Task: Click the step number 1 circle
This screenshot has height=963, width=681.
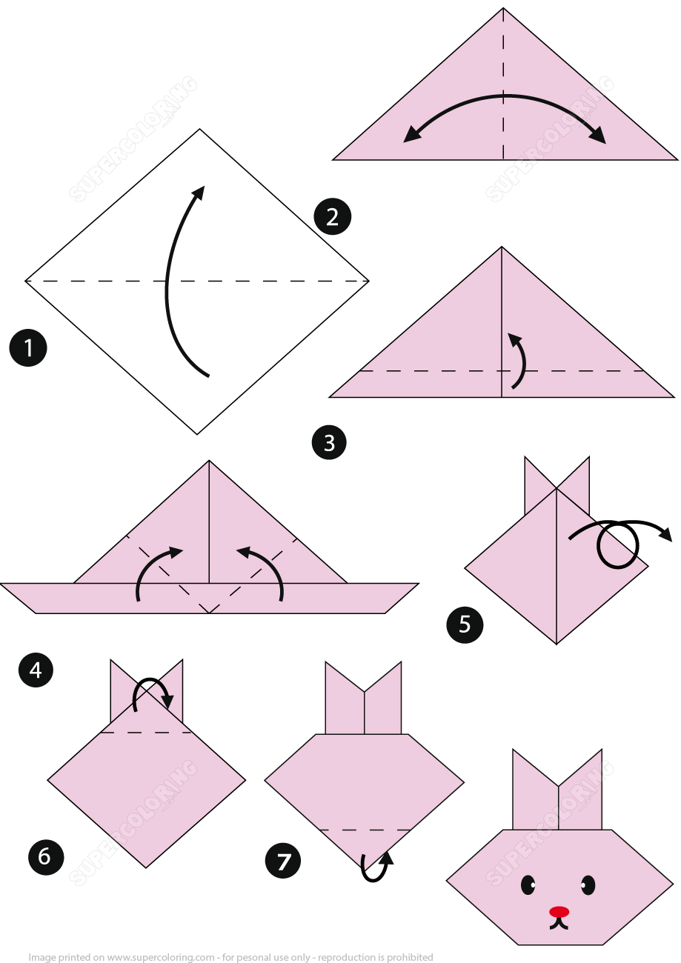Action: point(28,347)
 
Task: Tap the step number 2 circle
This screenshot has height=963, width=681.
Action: point(332,216)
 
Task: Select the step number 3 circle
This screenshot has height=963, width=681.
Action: point(329,443)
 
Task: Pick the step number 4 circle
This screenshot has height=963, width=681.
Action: point(36,670)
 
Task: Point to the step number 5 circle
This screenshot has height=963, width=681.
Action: point(465,624)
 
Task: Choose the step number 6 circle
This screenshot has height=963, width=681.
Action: point(44,856)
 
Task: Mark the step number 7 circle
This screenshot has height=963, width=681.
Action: point(283,861)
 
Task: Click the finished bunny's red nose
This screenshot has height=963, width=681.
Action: point(559,911)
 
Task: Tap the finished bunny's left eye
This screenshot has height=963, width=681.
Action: point(528,884)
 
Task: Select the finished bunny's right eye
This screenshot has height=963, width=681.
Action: point(588,884)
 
